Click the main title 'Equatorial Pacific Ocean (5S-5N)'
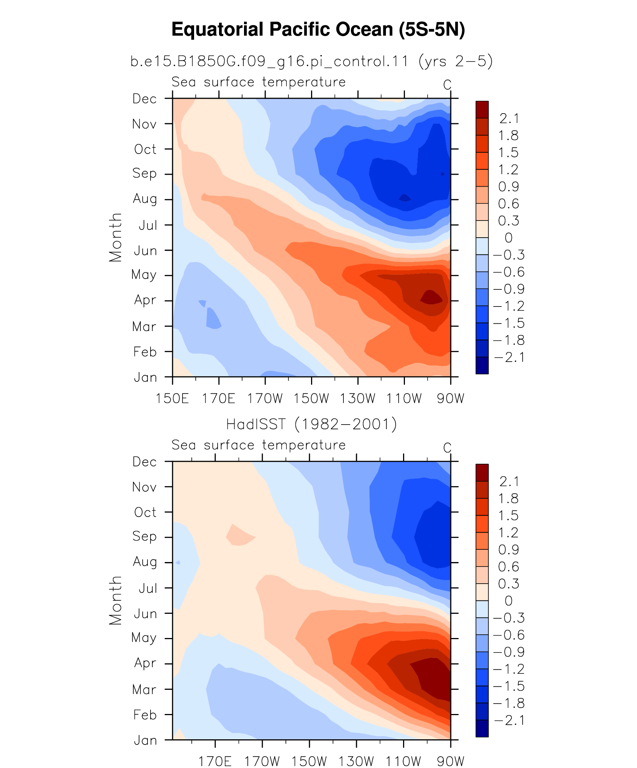point(318,29)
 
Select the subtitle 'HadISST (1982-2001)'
point(312,424)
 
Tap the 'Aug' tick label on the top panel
point(145,199)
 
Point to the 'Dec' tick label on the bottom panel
point(145,462)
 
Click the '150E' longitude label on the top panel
point(172,399)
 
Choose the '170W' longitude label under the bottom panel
point(262,761)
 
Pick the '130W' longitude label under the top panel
point(357,399)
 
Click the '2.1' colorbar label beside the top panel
point(509,118)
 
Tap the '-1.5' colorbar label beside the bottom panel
point(509,686)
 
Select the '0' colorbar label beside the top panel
point(508,238)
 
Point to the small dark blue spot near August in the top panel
point(405,198)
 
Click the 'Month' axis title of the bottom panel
point(115,600)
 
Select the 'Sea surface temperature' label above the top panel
point(259,82)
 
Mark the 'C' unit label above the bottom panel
point(447,448)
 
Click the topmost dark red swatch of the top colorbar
point(482,110)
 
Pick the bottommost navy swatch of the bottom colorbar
point(482,728)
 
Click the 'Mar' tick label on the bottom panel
point(145,689)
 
